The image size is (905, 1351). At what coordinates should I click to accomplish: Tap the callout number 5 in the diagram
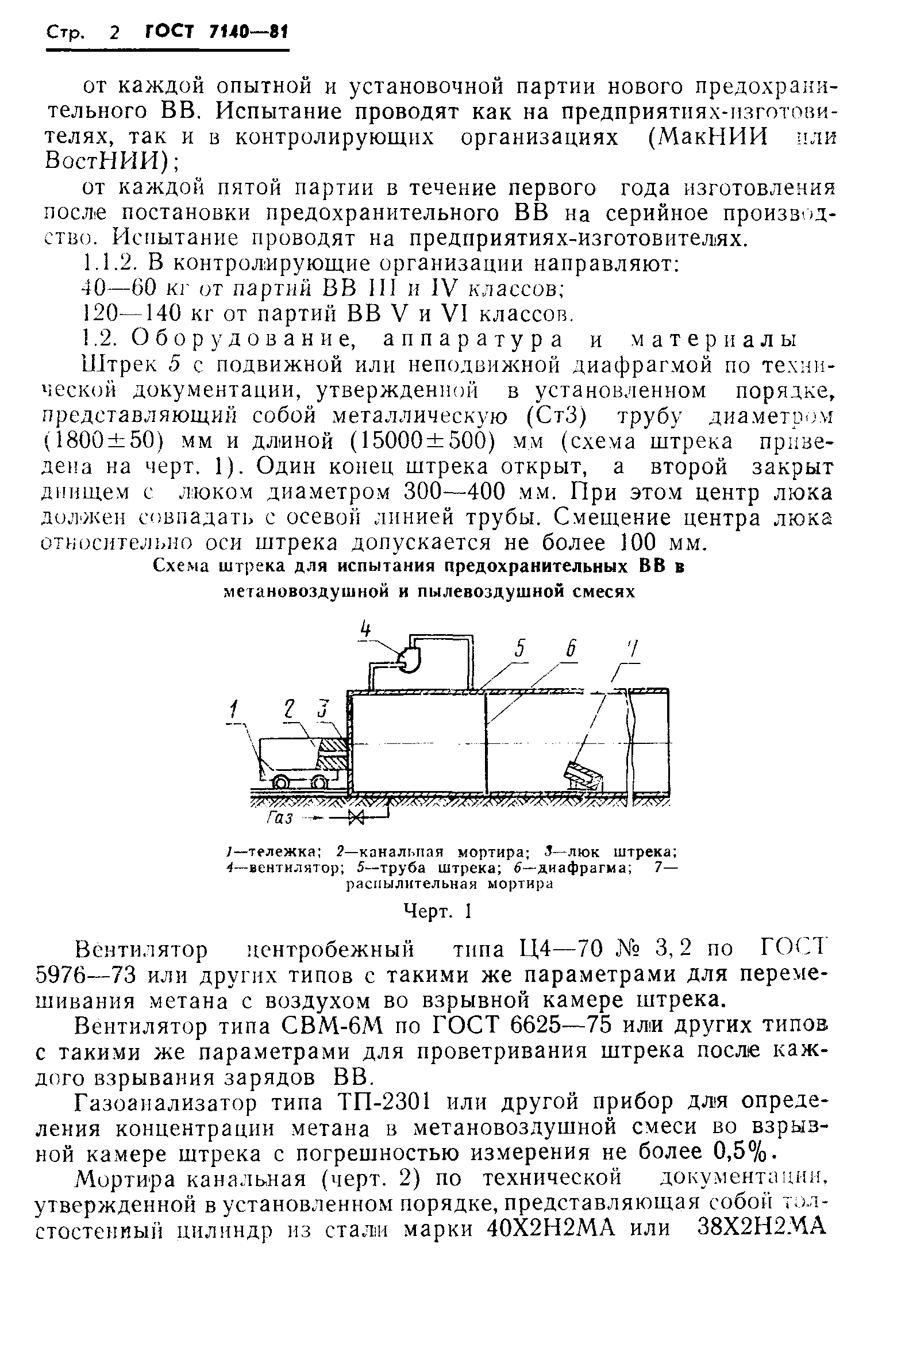pos(520,650)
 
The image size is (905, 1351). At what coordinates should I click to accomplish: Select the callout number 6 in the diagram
pos(570,650)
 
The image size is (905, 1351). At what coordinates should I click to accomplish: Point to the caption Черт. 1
pos(438,911)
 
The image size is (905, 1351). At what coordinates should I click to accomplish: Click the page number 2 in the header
pos(113,33)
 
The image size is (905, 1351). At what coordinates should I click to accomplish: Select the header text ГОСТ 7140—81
pos(216,32)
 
